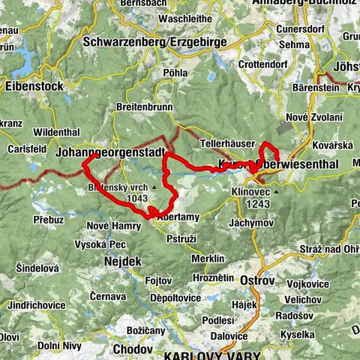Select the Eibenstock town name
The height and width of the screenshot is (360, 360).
(34, 86)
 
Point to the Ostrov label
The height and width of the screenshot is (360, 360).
(257, 279)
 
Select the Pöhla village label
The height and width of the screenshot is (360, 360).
(174, 73)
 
